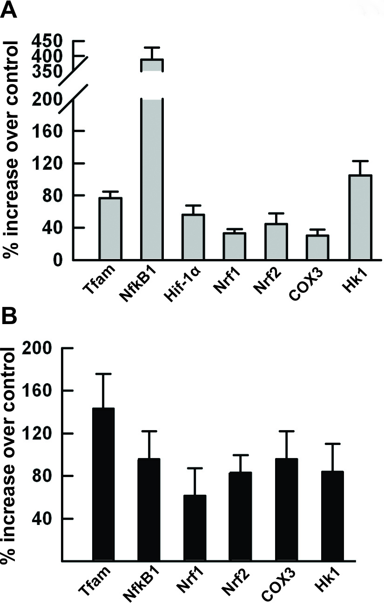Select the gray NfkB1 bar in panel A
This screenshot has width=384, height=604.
[x=152, y=177]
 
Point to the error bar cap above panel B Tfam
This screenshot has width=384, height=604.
[x=103, y=374]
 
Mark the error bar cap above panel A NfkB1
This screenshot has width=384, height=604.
[x=152, y=47]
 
